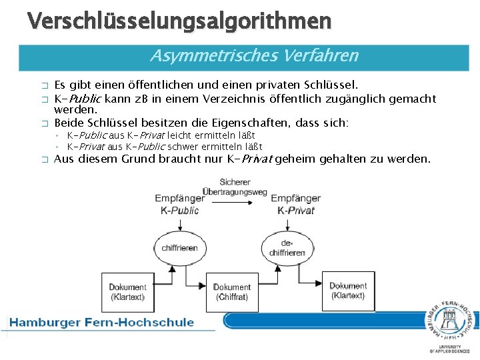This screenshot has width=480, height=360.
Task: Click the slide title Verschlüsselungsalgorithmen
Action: coord(179,21)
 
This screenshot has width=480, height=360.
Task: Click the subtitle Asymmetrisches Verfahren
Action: coord(254,56)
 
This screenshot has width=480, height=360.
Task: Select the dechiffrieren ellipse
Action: coord(287,248)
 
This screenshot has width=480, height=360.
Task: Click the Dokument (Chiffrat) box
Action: coord(231,292)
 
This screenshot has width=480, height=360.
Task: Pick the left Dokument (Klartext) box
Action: coord(127,292)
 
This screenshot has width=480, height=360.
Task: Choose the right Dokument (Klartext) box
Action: coord(348,291)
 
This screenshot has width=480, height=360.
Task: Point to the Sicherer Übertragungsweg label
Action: coord(235,187)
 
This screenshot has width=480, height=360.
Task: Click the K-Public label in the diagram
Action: coord(179,210)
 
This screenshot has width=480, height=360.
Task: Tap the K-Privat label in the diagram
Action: coord(295,210)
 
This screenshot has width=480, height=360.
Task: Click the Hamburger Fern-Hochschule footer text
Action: coord(102,323)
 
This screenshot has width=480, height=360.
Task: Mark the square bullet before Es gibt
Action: coord(45,85)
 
